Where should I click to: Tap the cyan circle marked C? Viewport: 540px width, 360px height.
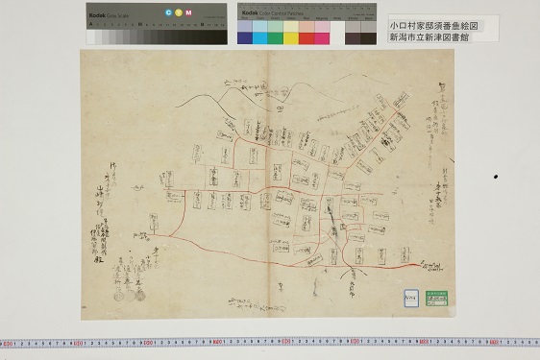(x=168, y=12)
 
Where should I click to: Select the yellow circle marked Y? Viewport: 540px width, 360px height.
(x=179, y=12)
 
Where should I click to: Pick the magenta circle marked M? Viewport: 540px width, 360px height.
(x=188, y=12)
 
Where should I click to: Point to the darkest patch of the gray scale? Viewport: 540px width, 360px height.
(x=222, y=36)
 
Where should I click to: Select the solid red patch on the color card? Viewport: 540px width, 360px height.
(x=307, y=37)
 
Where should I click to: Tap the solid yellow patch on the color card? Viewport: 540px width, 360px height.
(x=291, y=37)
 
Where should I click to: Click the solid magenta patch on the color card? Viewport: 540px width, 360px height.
(x=322, y=37)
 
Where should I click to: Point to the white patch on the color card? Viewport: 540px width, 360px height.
(x=337, y=37)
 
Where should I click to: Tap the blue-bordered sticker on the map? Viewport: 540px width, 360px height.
(x=410, y=297)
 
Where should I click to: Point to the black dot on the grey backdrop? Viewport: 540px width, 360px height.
(x=496, y=177)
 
